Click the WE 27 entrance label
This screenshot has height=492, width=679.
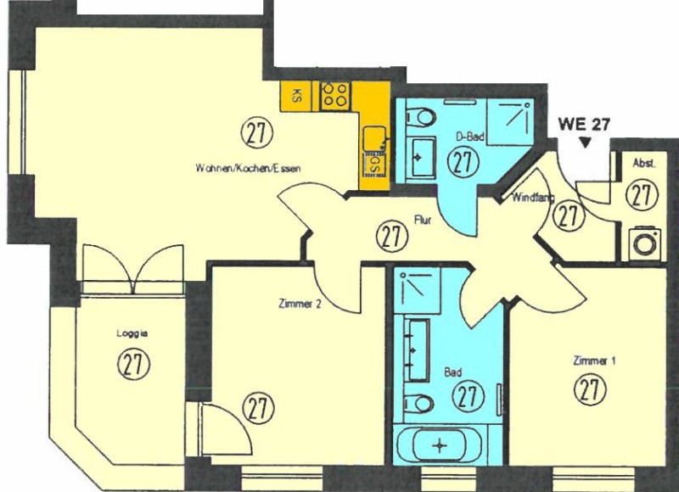pyautogui.click(x=584, y=124)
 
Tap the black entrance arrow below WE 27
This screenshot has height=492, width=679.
pyautogui.click(x=585, y=143)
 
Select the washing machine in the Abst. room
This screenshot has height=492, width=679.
pyautogui.click(x=644, y=243)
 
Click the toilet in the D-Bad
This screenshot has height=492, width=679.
pyautogui.click(x=420, y=117)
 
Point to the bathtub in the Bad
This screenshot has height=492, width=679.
pyautogui.click(x=440, y=445)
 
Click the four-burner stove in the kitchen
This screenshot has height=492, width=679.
pyautogui.click(x=335, y=95)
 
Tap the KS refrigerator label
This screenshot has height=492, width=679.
pyautogui.click(x=297, y=96)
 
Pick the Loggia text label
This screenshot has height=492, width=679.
pyautogui.click(x=132, y=333)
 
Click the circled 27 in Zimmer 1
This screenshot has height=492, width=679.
pyautogui.click(x=589, y=389)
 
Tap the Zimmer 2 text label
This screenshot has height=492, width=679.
pyautogui.click(x=300, y=304)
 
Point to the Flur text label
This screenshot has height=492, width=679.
pyautogui.click(x=423, y=220)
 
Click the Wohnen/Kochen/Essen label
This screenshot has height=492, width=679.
pyautogui.click(x=248, y=168)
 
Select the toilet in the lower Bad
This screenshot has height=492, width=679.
pyautogui.click(x=418, y=404)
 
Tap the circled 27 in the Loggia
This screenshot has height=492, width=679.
pyautogui.click(x=134, y=364)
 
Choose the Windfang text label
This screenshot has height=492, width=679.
pyautogui.click(x=533, y=198)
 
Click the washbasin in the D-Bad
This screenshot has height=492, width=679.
pyautogui.click(x=422, y=158)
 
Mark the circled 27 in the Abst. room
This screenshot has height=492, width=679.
pyautogui.click(x=642, y=195)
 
